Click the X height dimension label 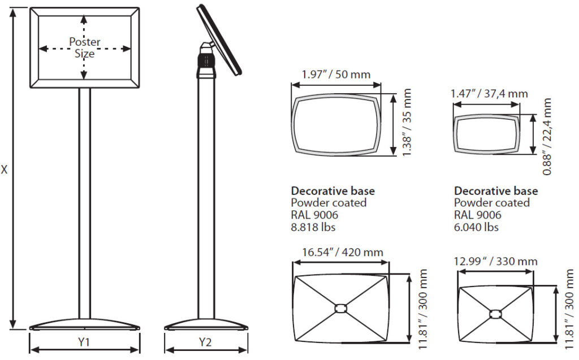5,169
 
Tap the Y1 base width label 84,342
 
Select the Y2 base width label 206,342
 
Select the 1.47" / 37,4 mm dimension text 489,93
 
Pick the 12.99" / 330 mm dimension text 496,261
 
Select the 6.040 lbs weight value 476,227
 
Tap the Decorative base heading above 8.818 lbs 332,191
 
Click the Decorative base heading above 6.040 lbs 496,191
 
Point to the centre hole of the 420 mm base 340,308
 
